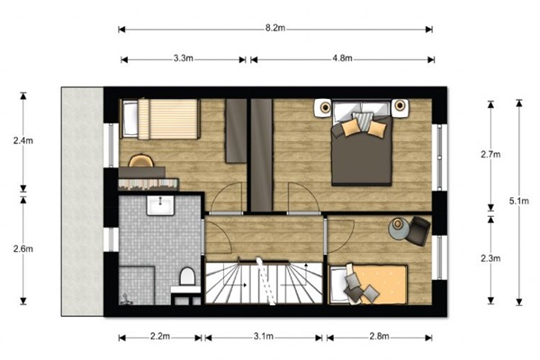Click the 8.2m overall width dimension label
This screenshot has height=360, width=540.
pyautogui.click(x=275, y=28)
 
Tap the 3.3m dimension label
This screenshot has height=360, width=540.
pyautogui.click(x=184, y=58)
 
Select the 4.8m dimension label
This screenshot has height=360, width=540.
pyautogui.click(x=342, y=58)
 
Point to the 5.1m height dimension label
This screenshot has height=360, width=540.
pyautogui.click(x=519, y=201)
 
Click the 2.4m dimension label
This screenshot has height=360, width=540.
pyautogui.click(x=23, y=140)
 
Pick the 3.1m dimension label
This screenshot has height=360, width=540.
pyautogui.click(x=264, y=337)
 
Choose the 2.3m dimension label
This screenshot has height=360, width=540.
pyautogui.click(x=490, y=258)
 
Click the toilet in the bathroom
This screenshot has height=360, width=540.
pyautogui.click(x=187, y=276)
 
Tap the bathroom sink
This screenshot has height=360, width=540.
pyautogui.click(x=160, y=206)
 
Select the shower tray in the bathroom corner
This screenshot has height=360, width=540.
pyautogui.click(x=137, y=285)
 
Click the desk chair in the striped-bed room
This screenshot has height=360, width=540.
pyautogui.click(x=141, y=160)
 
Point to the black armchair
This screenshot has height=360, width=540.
pyautogui.click(x=418, y=230)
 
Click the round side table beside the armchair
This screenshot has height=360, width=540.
pyautogui.click(x=399, y=228)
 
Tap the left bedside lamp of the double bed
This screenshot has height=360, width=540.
pyautogui.click(x=325, y=107)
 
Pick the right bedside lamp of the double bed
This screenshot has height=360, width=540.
pyautogui.click(x=400, y=105)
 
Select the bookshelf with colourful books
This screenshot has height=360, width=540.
pyautogui.click(x=148, y=184)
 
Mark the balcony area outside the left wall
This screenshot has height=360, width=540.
pyautogui.click(x=82, y=202)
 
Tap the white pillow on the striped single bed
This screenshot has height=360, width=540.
pyautogui.click(x=130, y=119)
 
